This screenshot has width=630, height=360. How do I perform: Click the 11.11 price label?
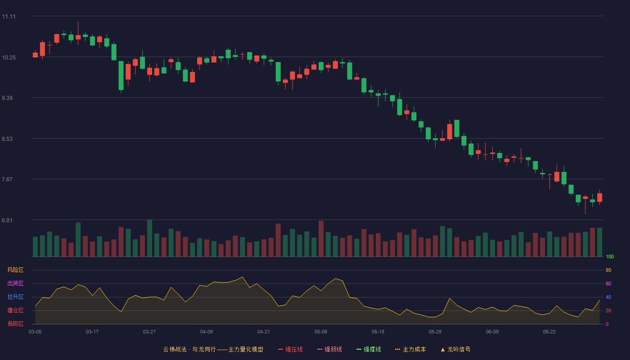9,17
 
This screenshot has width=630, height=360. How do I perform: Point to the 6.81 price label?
7,220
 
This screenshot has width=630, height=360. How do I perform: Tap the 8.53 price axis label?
7,139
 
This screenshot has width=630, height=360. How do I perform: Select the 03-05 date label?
35,332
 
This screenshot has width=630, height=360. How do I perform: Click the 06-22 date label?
549,332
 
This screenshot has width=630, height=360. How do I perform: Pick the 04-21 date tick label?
264,332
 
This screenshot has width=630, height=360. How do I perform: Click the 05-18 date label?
378,332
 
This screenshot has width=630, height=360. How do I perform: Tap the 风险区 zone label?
15,270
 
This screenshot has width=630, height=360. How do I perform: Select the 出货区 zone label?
15,283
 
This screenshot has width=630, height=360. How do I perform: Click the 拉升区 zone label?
15,297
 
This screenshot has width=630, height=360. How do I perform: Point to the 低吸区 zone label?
15,324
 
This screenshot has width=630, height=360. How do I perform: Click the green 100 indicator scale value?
610,256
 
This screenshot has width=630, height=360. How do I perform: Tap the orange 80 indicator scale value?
608,270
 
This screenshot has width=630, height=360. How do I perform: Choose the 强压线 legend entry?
291,349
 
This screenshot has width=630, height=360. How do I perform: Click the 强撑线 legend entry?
369,349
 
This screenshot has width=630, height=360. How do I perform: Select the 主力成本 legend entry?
410,349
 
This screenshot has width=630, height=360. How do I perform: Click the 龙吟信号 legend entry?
455,349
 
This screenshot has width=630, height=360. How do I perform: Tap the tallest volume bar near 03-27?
149,238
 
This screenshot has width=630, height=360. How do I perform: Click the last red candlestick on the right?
599,198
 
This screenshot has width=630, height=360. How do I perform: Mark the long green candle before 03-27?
121,76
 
